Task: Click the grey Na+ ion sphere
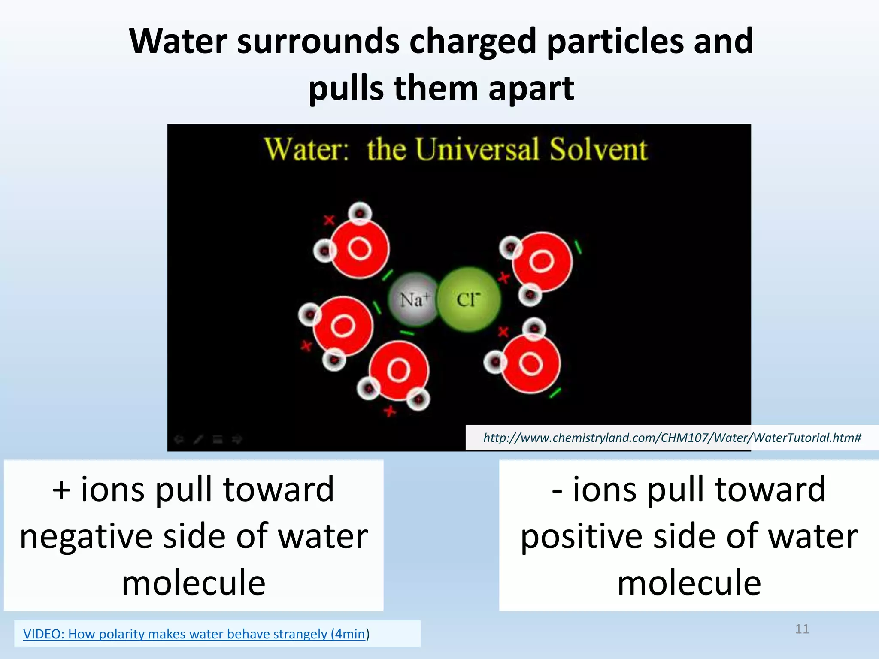tap(413, 299)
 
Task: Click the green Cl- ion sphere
tap(469, 299)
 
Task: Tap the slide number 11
tap(802, 629)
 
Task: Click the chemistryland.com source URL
tap(672, 438)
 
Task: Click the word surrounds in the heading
tap(318, 41)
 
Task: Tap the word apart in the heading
tap(531, 88)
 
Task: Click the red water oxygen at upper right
tap(542, 261)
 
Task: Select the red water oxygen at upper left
tap(360, 249)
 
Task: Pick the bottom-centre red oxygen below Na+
tap(398, 370)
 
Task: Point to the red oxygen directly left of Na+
tap(343, 326)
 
